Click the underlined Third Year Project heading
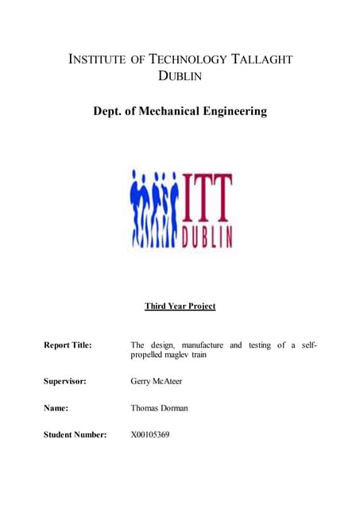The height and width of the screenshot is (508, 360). (180, 306)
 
